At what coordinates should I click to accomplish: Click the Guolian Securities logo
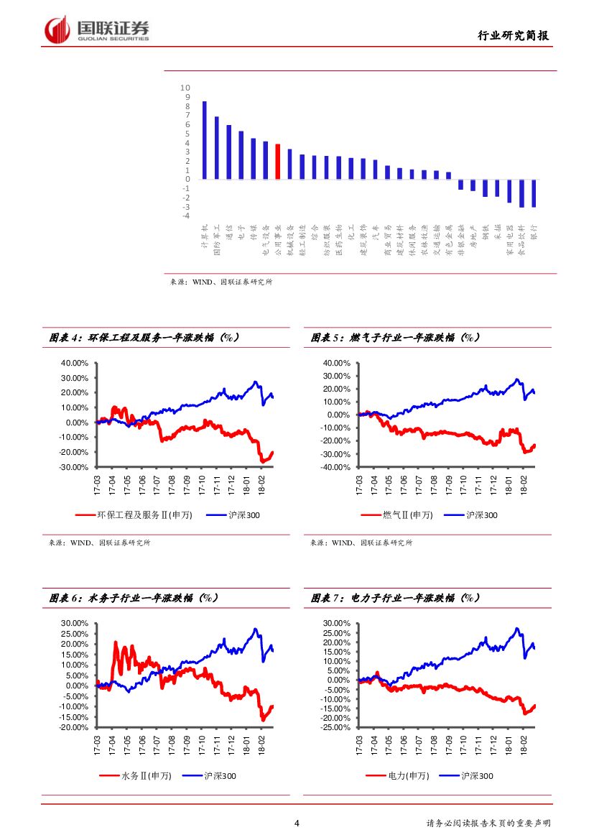(97, 30)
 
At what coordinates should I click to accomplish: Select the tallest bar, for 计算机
(204, 140)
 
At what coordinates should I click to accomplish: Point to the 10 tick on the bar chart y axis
(187, 88)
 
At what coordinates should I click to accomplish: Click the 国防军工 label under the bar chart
(216, 239)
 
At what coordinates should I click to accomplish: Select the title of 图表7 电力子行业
(396, 598)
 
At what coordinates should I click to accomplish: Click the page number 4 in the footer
(297, 823)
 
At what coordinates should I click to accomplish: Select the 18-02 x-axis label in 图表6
(261, 744)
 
